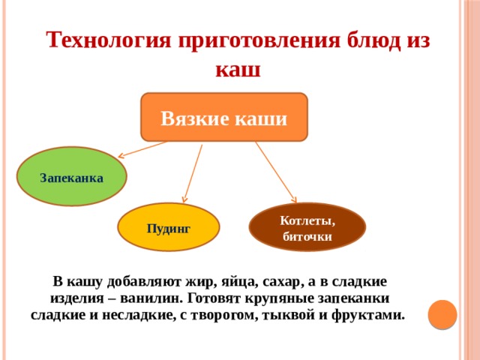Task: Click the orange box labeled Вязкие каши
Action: [x=224, y=117]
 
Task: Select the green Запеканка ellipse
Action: [x=72, y=176]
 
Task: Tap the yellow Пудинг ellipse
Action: [x=169, y=227]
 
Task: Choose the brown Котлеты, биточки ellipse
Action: [x=307, y=227]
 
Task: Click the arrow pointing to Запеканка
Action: [x=142, y=150]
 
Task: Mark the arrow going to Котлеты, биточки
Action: [x=278, y=172]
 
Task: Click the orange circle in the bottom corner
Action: [x=442, y=313]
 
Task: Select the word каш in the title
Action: [x=238, y=70]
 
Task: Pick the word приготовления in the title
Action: [x=259, y=40]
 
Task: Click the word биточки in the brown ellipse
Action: [x=307, y=236]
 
